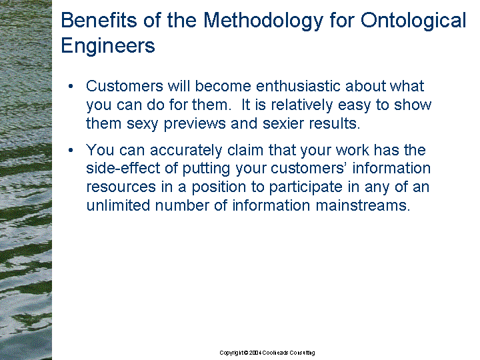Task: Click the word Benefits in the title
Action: (x=99, y=20)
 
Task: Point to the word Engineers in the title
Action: (x=108, y=46)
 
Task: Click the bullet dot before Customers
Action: (x=71, y=86)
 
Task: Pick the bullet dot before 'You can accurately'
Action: (x=71, y=150)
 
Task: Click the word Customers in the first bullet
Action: (x=125, y=86)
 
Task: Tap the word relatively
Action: (x=302, y=105)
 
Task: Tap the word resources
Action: (x=121, y=187)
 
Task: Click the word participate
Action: (x=305, y=187)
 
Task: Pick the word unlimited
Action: (x=118, y=205)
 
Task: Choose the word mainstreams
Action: (x=363, y=205)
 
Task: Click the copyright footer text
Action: (x=267, y=353)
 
